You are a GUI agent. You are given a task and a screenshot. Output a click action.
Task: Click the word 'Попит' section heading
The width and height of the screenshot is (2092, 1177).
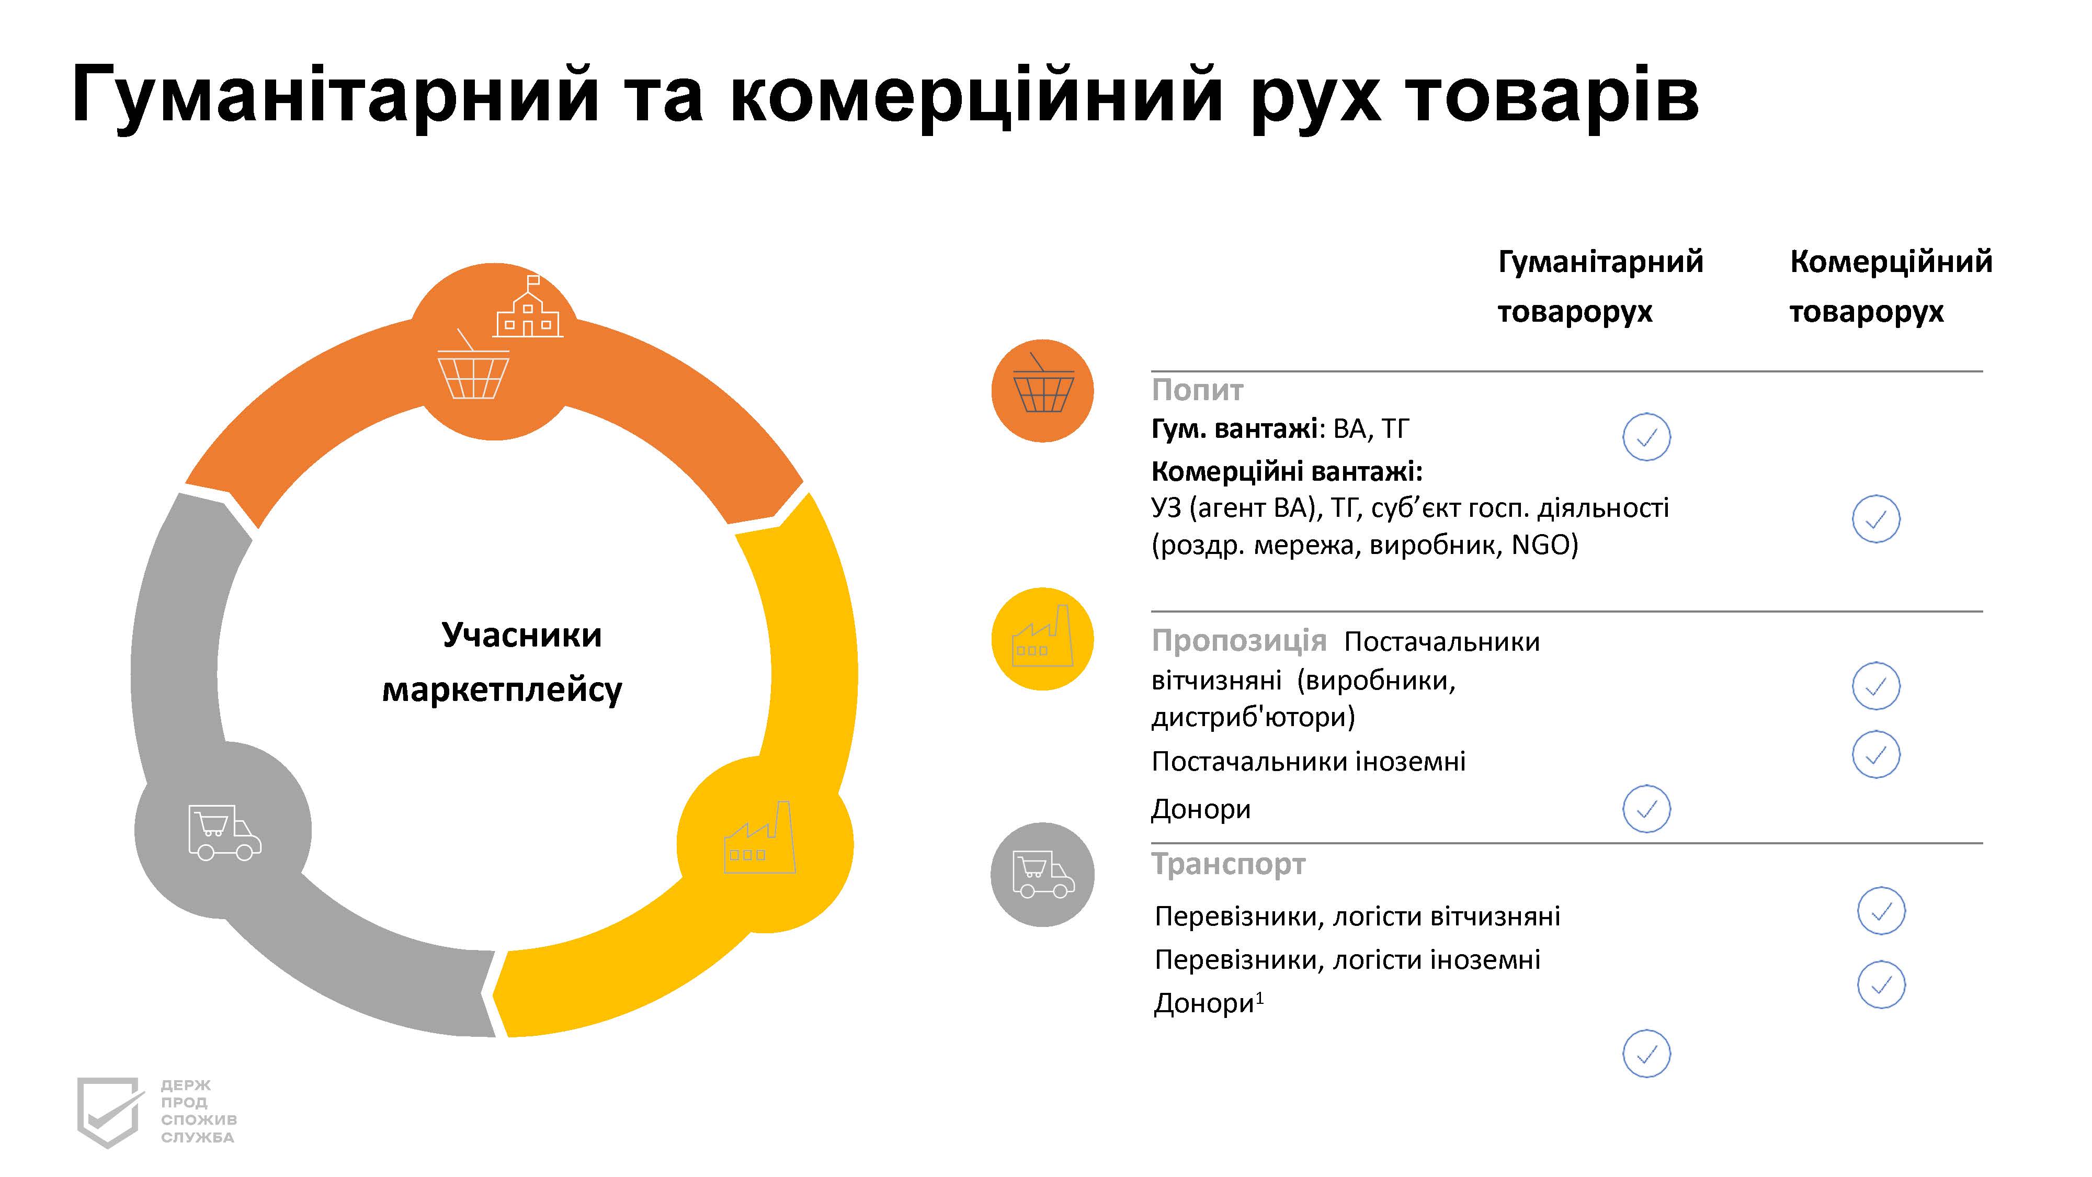point(1197,391)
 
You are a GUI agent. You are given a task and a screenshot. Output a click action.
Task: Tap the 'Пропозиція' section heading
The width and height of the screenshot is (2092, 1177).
point(1238,642)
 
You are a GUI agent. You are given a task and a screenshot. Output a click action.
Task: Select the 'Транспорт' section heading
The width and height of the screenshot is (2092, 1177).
point(1228,864)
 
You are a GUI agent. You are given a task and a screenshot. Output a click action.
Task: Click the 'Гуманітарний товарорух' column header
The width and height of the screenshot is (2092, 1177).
point(1600,287)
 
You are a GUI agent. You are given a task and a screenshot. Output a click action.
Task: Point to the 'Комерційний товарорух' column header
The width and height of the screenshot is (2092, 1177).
point(1891,287)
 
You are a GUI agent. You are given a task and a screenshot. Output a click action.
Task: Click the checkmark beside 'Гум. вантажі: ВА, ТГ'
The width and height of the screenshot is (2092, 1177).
point(1646,437)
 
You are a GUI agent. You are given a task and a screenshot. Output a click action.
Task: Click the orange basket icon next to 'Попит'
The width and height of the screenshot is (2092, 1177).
point(1043,391)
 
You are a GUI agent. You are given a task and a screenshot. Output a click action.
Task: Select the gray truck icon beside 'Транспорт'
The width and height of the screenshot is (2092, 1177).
point(1043,875)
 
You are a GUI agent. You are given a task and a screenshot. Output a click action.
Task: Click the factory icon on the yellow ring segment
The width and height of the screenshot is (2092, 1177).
point(760,838)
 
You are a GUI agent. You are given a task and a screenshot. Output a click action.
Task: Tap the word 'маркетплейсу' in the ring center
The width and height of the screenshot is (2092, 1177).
point(502,689)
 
